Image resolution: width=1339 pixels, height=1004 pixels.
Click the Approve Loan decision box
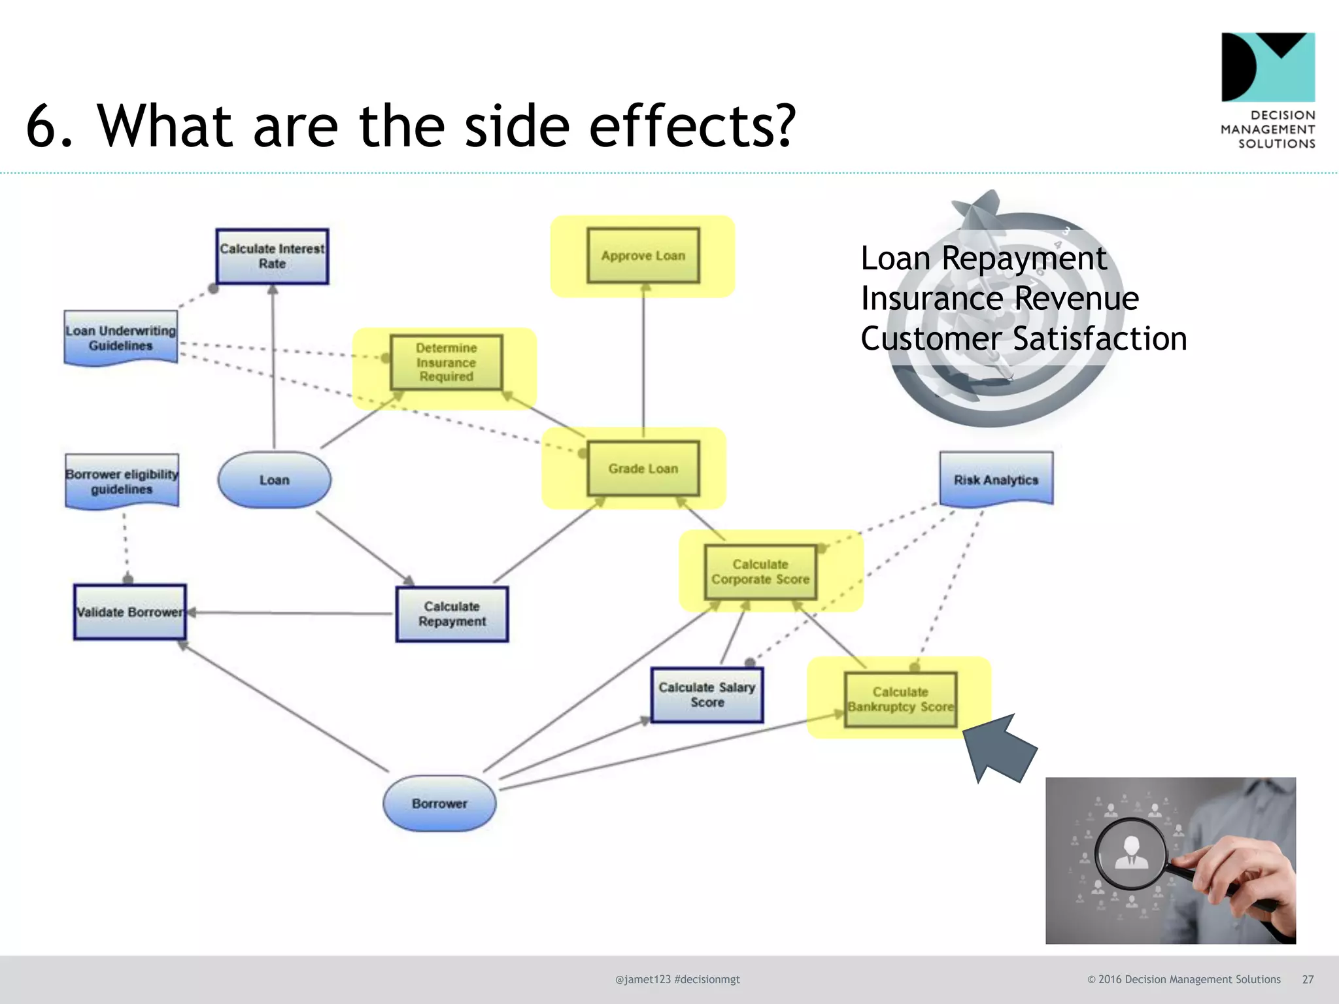click(x=643, y=256)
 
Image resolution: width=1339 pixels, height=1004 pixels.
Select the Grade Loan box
click(x=643, y=469)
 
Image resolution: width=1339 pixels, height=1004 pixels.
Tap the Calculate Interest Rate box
click(x=272, y=256)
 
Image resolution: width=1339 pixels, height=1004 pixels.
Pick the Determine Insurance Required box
click(x=447, y=362)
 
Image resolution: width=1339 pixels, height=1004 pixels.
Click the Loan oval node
click(x=275, y=480)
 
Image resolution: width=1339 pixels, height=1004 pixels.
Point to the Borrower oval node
click(x=439, y=803)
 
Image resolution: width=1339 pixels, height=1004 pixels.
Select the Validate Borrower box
click(x=130, y=612)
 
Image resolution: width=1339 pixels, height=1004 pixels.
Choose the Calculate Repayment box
click(x=452, y=614)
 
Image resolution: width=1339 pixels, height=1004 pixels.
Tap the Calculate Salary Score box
click(x=707, y=695)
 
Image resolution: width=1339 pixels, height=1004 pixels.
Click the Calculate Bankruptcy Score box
click(x=900, y=699)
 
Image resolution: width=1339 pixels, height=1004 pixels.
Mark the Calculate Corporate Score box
click(x=760, y=572)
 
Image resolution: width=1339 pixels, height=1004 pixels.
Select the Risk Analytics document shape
click(x=996, y=479)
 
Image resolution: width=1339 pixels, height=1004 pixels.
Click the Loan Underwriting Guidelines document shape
click(x=121, y=338)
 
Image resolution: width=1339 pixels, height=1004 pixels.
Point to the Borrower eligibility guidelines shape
click(x=122, y=481)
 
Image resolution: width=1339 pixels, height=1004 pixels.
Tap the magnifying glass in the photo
click(x=1132, y=854)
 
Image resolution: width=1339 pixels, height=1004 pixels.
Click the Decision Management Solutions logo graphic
click(x=1268, y=67)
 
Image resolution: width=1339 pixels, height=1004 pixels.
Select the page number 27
click(x=1308, y=979)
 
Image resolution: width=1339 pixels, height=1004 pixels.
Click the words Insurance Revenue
click(x=1000, y=299)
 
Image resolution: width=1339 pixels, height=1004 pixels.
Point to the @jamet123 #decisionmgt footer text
click(x=677, y=979)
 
